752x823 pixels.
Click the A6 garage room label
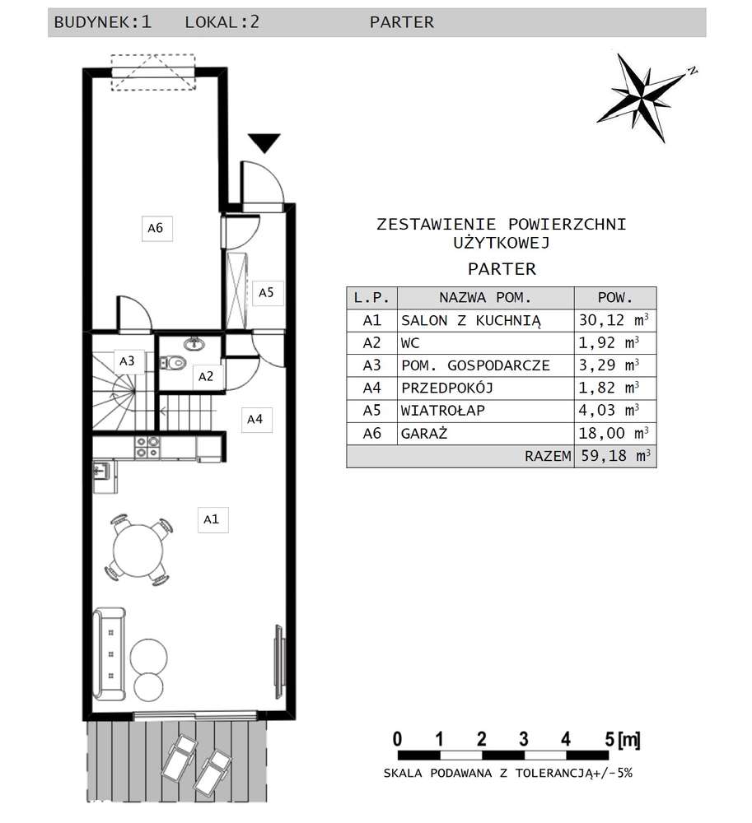click(x=155, y=228)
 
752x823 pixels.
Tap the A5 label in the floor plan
click(x=266, y=292)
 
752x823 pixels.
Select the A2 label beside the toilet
click(x=206, y=378)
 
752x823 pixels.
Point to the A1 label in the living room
click(x=212, y=520)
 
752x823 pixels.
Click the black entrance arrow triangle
click(x=264, y=143)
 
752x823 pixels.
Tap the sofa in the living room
click(x=108, y=653)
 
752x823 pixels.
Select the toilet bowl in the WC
click(x=173, y=360)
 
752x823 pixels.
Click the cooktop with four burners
click(x=148, y=447)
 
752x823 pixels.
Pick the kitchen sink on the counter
click(x=102, y=472)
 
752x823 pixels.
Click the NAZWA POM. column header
click(x=485, y=297)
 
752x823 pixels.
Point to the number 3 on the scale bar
click(x=524, y=738)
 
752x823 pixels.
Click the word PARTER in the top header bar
click(x=401, y=22)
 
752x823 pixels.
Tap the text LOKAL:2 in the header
click(x=222, y=22)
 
